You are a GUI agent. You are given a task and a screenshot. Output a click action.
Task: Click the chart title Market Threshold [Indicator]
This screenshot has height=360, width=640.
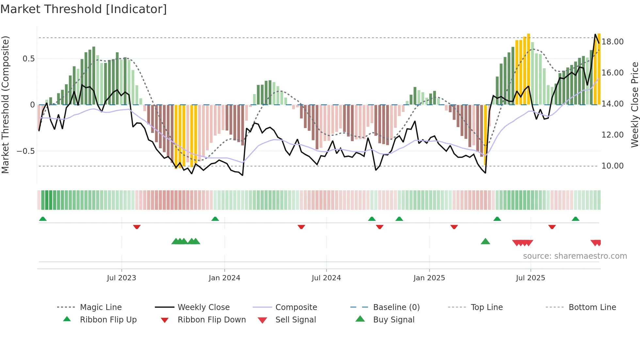(x=84, y=9)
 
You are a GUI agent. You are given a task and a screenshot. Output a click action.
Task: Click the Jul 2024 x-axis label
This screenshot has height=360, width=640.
(x=326, y=278)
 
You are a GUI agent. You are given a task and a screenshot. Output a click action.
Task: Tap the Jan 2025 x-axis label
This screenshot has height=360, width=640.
(x=429, y=278)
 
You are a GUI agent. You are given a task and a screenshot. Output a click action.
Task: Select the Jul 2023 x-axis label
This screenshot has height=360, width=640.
(x=121, y=278)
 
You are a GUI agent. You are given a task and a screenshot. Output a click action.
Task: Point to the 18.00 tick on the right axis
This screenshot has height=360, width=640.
(x=613, y=42)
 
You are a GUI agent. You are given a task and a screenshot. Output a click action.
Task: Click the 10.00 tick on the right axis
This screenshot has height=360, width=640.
(x=613, y=166)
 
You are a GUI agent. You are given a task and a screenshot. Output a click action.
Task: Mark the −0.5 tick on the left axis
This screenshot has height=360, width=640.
(x=25, y=151)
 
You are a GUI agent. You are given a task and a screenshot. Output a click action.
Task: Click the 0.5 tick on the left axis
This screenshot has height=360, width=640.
(x=28, y=59)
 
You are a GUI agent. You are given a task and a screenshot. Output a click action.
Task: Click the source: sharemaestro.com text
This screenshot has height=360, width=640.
(x=575, y=256)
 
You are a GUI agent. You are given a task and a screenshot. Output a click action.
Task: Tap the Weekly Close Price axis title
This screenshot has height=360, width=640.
(x=634, y=105)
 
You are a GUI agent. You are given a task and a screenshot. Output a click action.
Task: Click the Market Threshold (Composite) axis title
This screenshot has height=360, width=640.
(x=6, y=105)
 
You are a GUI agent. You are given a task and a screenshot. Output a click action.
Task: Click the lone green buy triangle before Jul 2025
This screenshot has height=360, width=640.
(x=485, y=241)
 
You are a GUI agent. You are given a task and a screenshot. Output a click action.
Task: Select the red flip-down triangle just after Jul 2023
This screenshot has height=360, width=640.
(x=137, y=227)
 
